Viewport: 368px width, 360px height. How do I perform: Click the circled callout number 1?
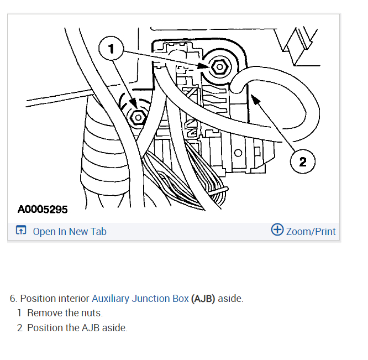tap(112, 50)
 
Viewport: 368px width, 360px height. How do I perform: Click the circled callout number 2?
tap(302, 161)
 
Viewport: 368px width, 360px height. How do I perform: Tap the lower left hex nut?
tap(136, 117)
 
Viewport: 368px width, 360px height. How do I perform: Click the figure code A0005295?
tap(43, 210)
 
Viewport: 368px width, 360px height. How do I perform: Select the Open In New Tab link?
tap(70, 231)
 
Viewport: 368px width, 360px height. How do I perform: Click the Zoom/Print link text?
tap(311, 231)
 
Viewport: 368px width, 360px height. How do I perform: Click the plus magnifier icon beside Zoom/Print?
tap(277, 230)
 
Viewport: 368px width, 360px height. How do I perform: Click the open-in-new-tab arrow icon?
tap(21, 231)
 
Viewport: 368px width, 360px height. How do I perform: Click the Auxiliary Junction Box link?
tap(140, 299)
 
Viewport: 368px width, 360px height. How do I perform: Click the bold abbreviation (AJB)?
tap(203, 299)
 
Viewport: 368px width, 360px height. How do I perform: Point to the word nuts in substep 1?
tap(91, 313)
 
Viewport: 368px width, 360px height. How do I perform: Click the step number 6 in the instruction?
tap(13, 299)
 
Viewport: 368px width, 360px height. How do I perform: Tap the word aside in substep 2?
tap(114, 327)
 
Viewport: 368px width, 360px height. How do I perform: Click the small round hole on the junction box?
tap(238, 152)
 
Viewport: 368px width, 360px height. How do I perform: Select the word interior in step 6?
tap(73, 299)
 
